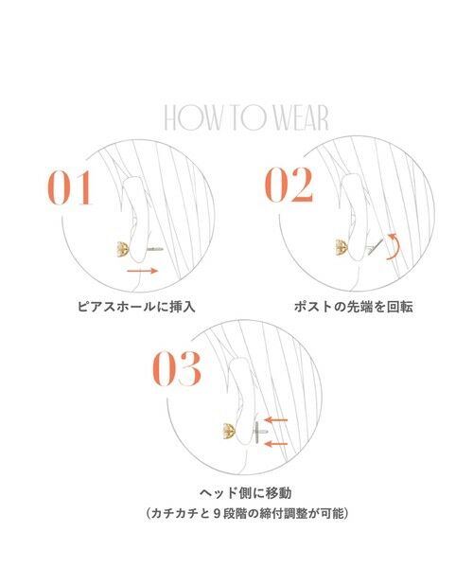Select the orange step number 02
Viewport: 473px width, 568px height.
288,186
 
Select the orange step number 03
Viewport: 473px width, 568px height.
177,371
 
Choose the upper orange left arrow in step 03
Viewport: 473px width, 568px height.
276,419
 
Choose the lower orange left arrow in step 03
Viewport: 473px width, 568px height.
276,442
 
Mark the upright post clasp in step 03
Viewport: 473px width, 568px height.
258,433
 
